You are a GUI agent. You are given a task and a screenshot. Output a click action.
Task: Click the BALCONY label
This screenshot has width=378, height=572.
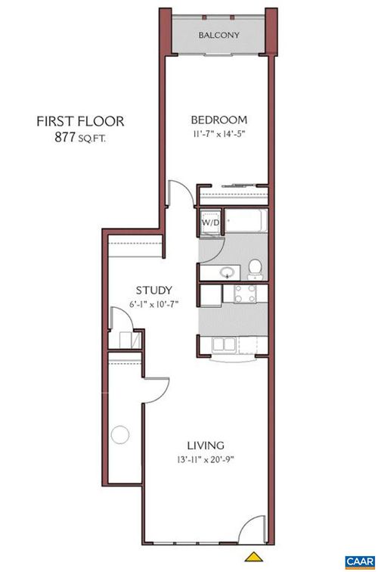tap(219, 35)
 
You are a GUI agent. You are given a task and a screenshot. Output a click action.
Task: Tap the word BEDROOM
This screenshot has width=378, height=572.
tap(219, 120)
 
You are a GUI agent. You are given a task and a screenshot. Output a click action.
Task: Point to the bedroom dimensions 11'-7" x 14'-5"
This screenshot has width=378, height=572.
tap(219, 134)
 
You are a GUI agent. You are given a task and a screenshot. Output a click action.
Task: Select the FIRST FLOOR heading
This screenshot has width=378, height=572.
tap(80, 121)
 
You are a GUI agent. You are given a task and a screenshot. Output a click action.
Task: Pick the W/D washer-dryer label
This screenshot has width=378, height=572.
tap(209, 224)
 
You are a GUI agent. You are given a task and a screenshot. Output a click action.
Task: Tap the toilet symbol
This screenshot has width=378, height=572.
tap(256, 267)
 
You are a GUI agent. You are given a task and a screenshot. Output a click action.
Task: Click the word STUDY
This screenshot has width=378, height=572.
tap(155, 290)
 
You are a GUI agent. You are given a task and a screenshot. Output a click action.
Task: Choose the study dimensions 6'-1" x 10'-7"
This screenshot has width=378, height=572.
tap(155, 304)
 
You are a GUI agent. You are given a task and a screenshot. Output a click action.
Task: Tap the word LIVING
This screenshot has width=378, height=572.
tap(205, 445)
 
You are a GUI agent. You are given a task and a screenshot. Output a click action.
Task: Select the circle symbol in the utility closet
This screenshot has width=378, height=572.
tap(119, 435)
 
